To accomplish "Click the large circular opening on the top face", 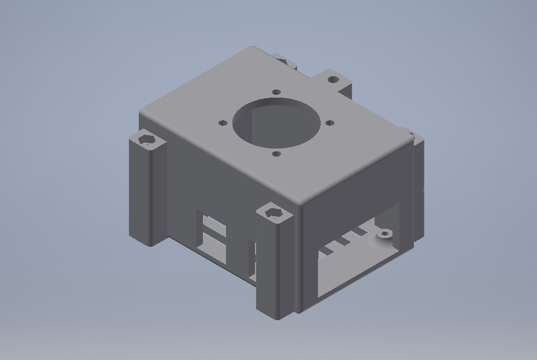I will [x=276, y=123].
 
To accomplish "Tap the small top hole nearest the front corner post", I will [x=276, y=154].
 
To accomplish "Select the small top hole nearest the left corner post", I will [x=223, y=123].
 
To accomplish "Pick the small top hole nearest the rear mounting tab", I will [x=276, y=92].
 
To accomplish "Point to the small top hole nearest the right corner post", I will [x=329, y=123].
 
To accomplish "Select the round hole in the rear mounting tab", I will [x=333, y=79].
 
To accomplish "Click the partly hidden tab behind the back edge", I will [x=283, y=60].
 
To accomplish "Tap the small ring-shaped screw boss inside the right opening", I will [x=384, y=234].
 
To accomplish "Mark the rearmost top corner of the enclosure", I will [x=253, y=48].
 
